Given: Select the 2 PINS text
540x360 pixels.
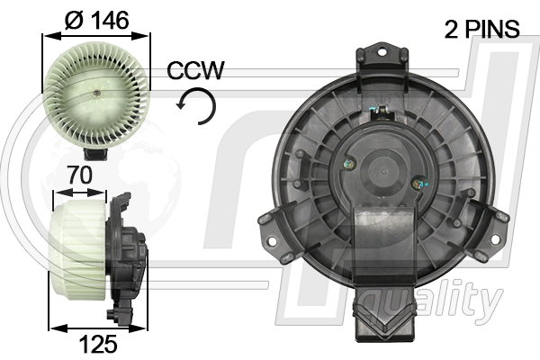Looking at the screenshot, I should pyautogui.click(x=481, y=29).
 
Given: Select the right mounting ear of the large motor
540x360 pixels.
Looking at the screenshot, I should pyautogui.click(x=496, y=219).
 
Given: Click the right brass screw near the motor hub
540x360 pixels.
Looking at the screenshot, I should pyautogui.click(x=417, y=184).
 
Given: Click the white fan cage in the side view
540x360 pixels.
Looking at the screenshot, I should pyautogui.click(x=79, y=253).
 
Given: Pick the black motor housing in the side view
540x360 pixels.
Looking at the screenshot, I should pyautogui.click(x=126, y=256).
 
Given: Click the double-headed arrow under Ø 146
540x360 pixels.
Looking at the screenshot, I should pyautogui.click(x=97, y=35).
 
